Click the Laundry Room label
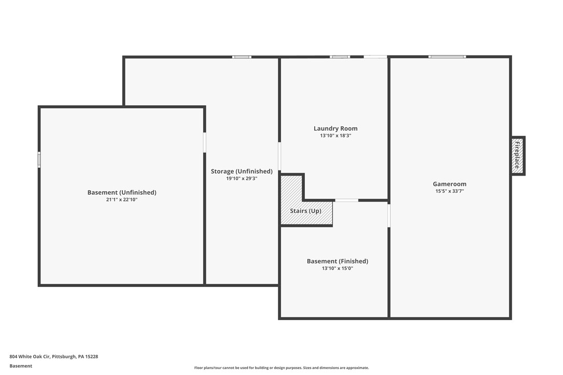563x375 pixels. click(x=335, y=128)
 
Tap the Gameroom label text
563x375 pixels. click(x=449, y=184)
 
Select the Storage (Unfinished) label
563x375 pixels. click(x=242, y=171)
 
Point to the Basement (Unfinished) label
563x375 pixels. click(x=122, y=193)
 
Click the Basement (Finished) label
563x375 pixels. click(x=337, y=262)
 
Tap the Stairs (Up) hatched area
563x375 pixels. click(x=306, y=211)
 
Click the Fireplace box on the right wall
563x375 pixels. click(x=517, y=156)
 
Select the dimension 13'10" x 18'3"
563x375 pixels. click(x=335, y=136)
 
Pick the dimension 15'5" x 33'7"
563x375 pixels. click(x=449, y=191)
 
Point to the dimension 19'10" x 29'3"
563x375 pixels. click(x=242, y=179)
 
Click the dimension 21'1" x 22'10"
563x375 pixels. click(x=122, y=199)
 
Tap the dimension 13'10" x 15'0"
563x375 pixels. click(x=337, y=268)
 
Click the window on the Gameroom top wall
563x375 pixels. click(x=447, y=56)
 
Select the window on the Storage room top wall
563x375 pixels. click(x=242, y=57)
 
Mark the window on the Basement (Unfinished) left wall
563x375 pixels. click(x=39, y=160)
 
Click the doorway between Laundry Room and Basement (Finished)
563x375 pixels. click(x=346, y=200)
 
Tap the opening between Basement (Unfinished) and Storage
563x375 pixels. click(x=205, y=142)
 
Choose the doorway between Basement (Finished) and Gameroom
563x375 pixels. click(x=389, y=215)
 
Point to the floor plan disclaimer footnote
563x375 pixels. click(x=281, y=368)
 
